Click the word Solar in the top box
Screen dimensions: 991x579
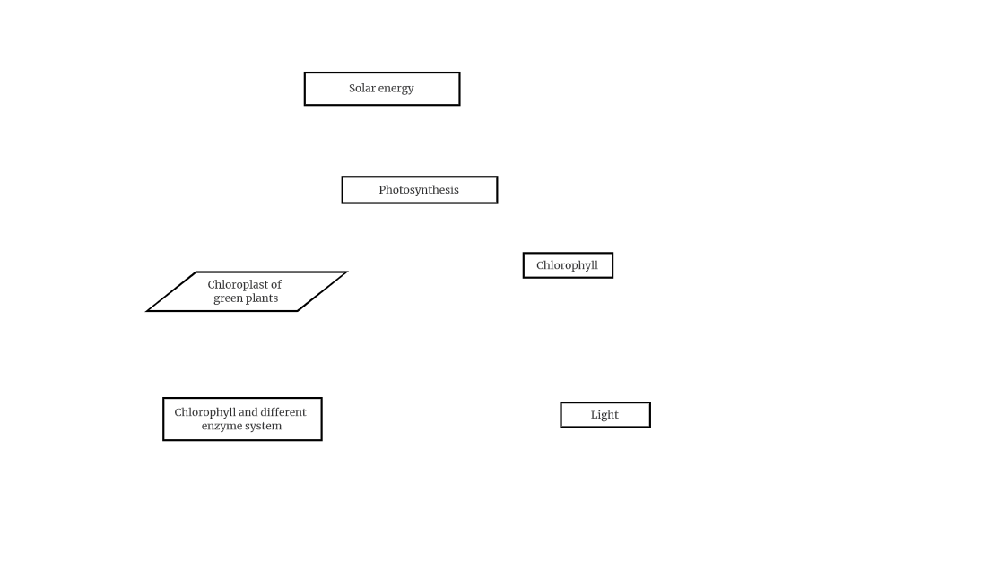coord(362,89)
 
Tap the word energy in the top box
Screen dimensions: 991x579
coord(396,89)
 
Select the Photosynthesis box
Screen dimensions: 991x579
coord(420,190)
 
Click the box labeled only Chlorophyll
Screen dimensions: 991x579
coord(568,265)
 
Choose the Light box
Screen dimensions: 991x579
coord(605,415)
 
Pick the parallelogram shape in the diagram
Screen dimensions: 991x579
coord(247,291)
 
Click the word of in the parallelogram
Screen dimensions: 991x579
coord(276,285)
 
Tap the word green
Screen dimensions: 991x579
coord(227,298)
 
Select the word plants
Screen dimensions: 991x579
coord(261,298)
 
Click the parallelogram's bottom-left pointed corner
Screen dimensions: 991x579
coord(147,311)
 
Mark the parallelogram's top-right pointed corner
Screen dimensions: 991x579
coord(346,272)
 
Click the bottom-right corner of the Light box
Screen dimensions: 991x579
coord(650,428)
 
